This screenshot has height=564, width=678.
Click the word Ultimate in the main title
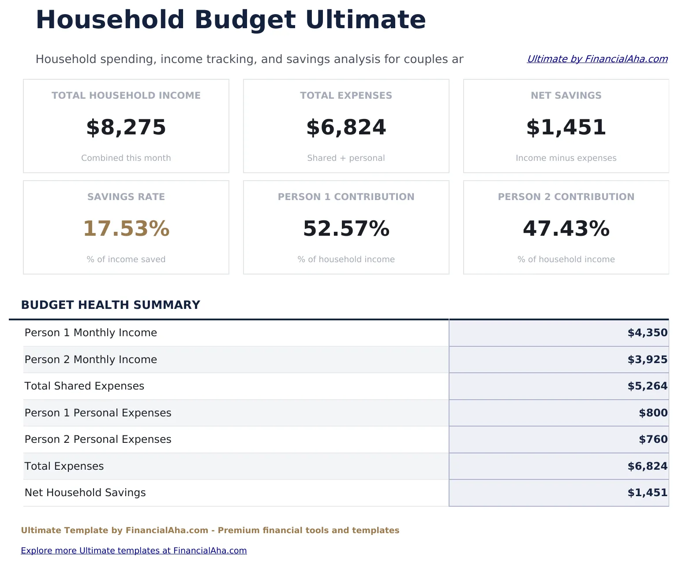point(365,20)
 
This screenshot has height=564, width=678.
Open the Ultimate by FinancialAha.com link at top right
point(597,59)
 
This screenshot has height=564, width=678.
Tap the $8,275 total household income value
point(126,127)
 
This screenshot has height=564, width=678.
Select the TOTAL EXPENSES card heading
point(346,96)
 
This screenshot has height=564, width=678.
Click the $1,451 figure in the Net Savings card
point(566,127)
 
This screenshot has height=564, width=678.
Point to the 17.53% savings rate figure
point(126,229)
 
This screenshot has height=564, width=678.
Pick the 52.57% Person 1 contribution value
point(346,229)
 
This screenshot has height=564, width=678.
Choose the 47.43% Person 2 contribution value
point(566,229)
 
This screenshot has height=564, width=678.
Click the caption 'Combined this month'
point(126,158)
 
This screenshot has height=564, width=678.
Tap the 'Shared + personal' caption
point(346,158)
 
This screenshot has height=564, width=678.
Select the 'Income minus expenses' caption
point(566,158)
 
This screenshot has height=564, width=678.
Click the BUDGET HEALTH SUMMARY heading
point(110,305)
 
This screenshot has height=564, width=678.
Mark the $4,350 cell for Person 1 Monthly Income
point(647,333)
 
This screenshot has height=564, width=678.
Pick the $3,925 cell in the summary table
point(647,360)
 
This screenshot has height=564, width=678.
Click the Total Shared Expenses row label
point(84,386)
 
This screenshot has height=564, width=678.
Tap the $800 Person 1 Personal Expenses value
point(653,413)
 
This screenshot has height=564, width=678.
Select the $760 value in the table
point(653,439)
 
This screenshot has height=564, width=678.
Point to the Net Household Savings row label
point(85,493)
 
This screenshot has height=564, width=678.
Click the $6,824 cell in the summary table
point(647,466)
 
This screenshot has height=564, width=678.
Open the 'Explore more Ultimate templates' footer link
point(134,550)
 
